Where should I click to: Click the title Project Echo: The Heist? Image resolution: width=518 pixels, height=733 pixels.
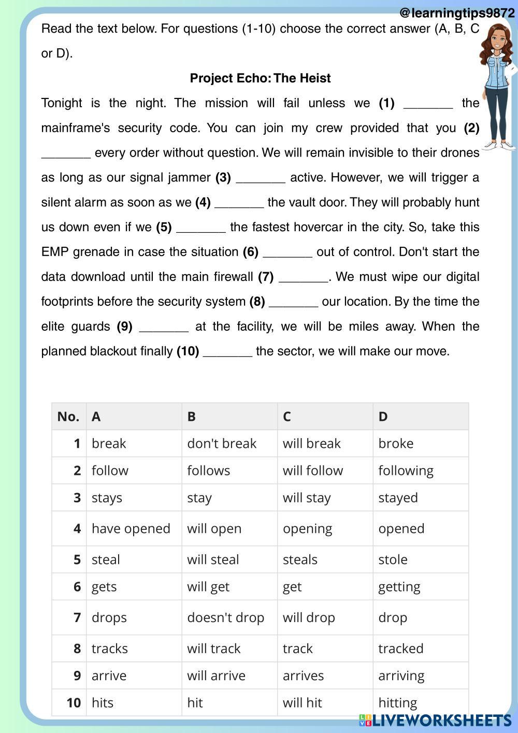coord(260,78)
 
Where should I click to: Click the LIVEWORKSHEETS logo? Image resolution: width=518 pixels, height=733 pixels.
coord(435,720)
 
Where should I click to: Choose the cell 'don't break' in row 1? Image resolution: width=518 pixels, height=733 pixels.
coord(222,444)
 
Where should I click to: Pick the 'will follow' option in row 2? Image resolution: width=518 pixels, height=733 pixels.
coord(313,471)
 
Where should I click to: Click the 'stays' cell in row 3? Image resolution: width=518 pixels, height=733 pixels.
coord(107,498)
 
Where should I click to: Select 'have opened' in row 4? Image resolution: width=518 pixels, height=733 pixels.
coord(131,529)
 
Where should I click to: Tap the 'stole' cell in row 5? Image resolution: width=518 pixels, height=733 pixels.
coord(393,560)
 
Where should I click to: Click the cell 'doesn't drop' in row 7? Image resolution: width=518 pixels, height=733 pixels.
coord(225,618)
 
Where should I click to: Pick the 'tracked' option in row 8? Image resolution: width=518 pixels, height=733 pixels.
coord(400,649)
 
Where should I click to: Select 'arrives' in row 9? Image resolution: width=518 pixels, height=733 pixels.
coord(303,676)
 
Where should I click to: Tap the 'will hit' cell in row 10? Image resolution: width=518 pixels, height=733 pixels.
coord(302,703)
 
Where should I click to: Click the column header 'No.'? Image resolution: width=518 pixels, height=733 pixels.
coord(68,417)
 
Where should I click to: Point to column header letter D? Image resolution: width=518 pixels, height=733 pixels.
coord(383,417)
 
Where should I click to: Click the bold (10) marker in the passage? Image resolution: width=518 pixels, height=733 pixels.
coord(188,351)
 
